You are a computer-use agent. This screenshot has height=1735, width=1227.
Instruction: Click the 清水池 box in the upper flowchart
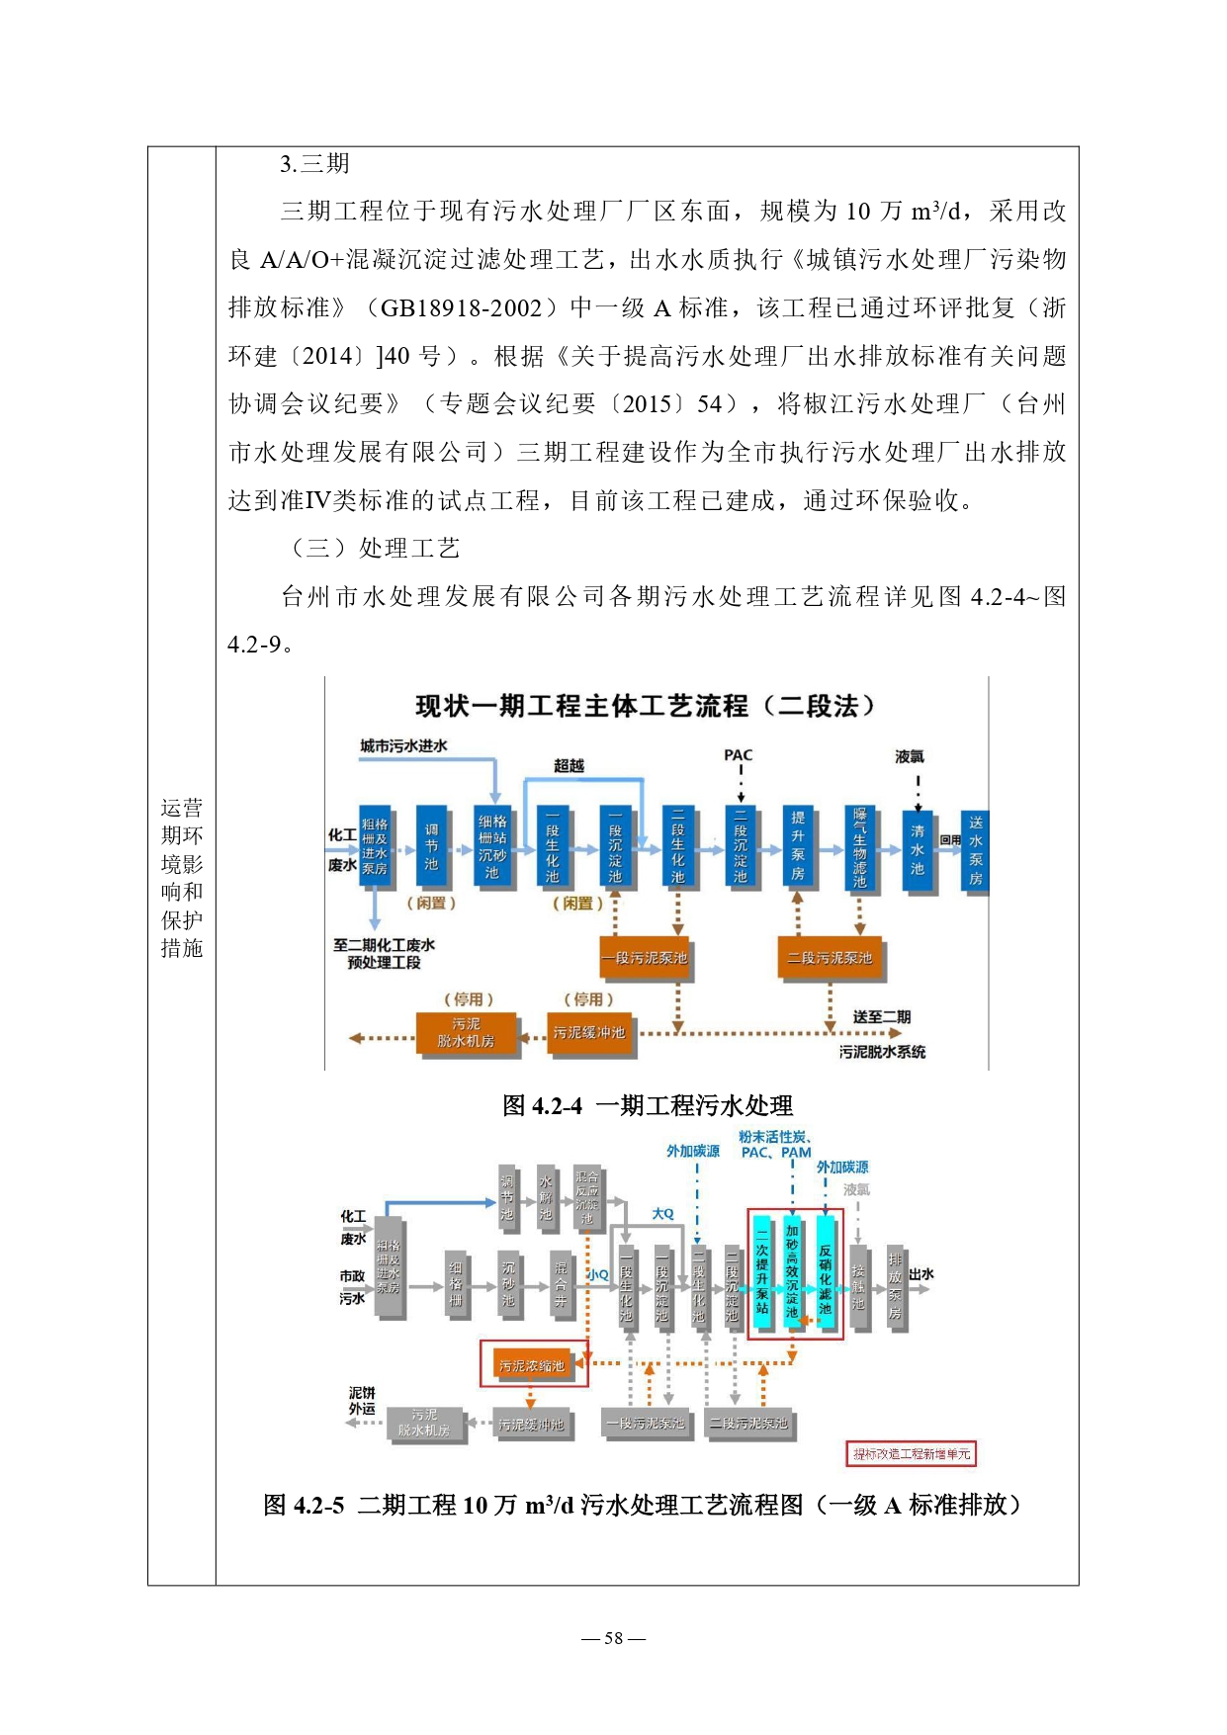pos(918,850)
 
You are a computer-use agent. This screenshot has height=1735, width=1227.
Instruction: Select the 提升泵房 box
pos(797,847)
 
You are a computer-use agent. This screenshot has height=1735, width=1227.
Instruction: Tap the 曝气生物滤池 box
pos(859,847)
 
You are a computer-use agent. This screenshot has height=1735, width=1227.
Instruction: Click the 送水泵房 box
pos(975,849)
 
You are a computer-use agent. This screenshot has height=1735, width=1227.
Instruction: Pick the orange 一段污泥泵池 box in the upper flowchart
pos(645,958)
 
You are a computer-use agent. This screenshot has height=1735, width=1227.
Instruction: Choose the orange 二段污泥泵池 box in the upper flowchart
pos(829,958)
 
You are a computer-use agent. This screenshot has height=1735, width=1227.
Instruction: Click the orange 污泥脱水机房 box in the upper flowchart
pos(466,1033)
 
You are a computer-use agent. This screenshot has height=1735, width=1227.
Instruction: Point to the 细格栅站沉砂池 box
pos(492,847)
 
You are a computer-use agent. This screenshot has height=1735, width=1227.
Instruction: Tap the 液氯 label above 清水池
pos(909,756)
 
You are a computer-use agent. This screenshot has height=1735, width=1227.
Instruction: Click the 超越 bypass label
pos(569,765)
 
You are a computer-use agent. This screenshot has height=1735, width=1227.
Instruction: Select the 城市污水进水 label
pos(403,745)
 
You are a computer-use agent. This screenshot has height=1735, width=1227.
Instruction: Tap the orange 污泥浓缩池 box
pos(532,1365)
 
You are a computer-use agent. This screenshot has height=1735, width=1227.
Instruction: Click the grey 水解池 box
pos(546,1197)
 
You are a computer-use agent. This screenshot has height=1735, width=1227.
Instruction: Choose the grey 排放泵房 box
pos(895,1285)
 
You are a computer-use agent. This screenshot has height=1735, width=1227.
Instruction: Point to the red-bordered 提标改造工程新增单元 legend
pos(911,1453)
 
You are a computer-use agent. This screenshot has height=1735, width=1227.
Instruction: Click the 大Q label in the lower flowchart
pos(662,1213)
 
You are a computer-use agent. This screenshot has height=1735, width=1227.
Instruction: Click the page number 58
pos(613,1638)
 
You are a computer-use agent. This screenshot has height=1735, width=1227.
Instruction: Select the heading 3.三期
pos(314,164)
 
